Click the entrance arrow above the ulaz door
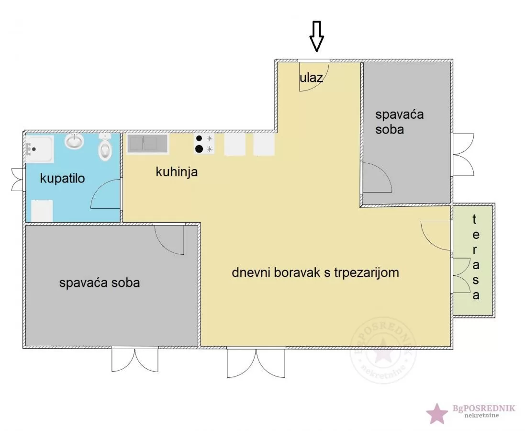coord(316,36)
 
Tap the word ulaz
coord(311,78)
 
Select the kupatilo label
coord(62,179)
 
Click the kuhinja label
coord(177,172)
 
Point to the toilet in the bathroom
coord(105,147)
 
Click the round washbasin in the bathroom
coord(74,141)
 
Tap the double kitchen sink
coord(147,144)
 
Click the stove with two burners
coord(204,144)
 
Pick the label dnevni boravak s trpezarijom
coord(315,272)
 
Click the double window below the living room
coord(256,363)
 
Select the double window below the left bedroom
coord(135,360)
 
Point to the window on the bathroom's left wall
coord(17,179)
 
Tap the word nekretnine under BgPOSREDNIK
coord(481,415)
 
